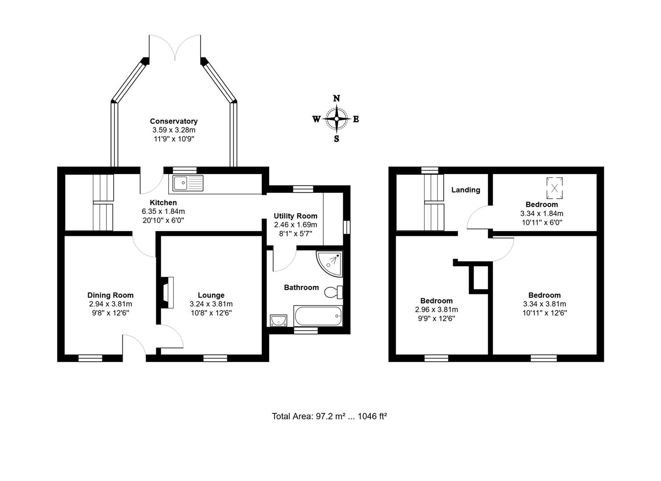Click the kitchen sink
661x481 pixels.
coord(188,183)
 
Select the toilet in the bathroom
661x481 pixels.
coord(333,292)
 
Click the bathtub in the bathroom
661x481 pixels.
coord(318,316)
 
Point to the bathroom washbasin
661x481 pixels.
coord(279,320)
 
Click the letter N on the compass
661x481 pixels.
coord(337,98)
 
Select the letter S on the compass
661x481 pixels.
coord(337,139)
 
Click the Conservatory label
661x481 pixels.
coord(174,121)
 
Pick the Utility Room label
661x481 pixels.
coord(295,216)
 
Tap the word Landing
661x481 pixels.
coord(466,190)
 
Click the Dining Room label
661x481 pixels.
coord(110,295)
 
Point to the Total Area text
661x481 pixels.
coord(329,416)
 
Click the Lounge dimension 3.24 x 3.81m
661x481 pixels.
coord(211,304)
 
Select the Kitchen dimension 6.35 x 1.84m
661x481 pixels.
coord(163,211)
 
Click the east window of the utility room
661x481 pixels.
coord(347,226)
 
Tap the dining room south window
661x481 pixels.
coord(90,358)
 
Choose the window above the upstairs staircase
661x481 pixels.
coord(430,170)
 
